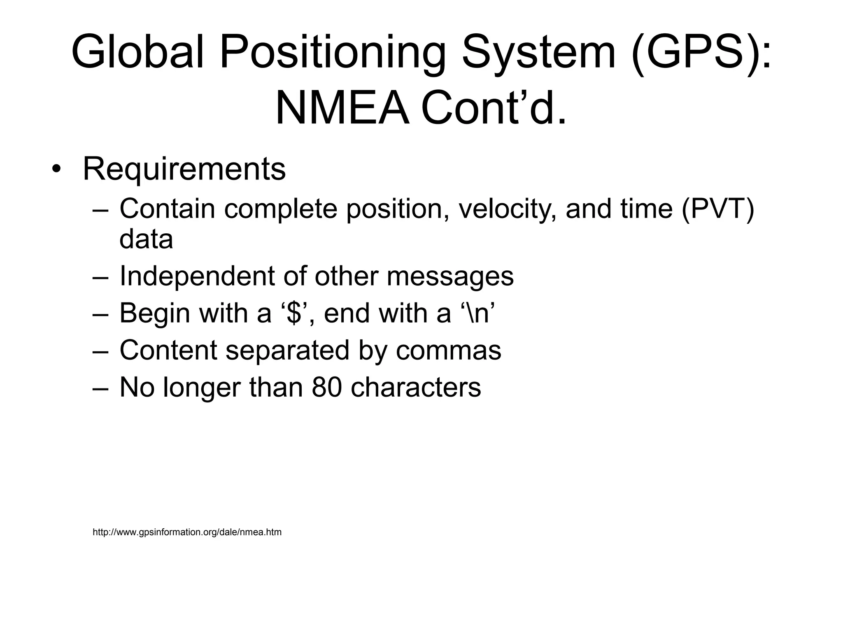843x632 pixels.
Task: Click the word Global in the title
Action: [138, 53]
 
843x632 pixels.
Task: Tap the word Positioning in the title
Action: [333, 53]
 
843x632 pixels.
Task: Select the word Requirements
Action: [184, 169]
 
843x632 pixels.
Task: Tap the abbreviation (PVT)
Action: [718, 209]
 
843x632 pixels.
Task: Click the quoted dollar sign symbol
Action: [293, 313]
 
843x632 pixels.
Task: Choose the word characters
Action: [416, 387]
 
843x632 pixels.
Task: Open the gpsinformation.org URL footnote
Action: [187, 532]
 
